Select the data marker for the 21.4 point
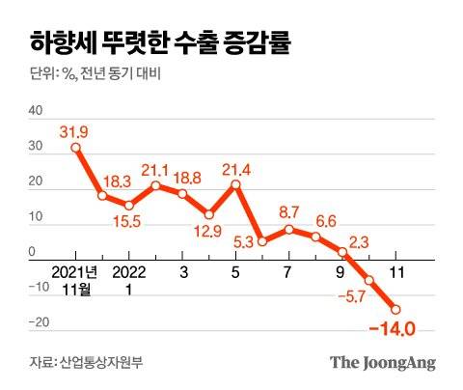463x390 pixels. (x=236, y=183)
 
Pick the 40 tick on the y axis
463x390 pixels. (x=36, y=111)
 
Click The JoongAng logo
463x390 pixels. (x=383, y=363)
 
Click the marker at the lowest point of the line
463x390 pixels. (x=395, y=310)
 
